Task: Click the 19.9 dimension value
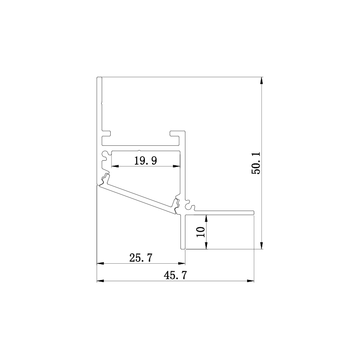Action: (145, 161)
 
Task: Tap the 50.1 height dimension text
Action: (256, 163)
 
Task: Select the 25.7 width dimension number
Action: (141, 258)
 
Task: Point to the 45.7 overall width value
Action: (175, 275)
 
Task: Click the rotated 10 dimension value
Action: (201, 232)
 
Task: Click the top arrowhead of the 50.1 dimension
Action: (262, 81)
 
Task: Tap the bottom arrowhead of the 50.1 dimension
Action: (262, 245)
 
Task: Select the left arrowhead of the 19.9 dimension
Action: (115, 166)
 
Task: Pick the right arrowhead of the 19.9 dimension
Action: (176, 166)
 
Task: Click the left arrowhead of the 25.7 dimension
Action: (100, 264)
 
